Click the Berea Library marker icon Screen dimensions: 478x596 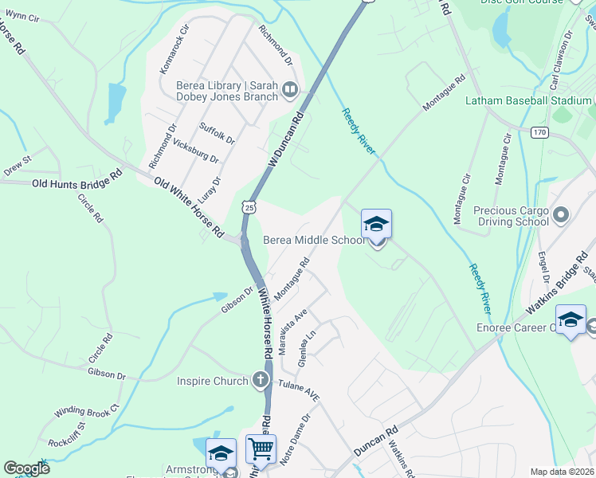[x=289, y=92]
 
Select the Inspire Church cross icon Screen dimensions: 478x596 [x=260, y=381]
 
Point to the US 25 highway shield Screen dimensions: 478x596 [x=250, y=206]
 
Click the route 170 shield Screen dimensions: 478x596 [x=540, y=132]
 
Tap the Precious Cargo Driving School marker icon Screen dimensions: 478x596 [x=563, y=214]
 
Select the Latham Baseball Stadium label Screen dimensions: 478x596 [x=528, y=101]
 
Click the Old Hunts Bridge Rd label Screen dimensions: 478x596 [x=77, y=183]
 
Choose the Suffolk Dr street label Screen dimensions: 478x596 [x=217, y=133]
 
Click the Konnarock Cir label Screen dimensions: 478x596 [x=175, y=49]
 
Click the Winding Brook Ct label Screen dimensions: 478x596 [x=86, y=412]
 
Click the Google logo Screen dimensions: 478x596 [x=26, y=468]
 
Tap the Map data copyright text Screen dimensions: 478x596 [x=563, y=472]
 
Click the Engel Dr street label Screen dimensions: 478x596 [x=545, y=267]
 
